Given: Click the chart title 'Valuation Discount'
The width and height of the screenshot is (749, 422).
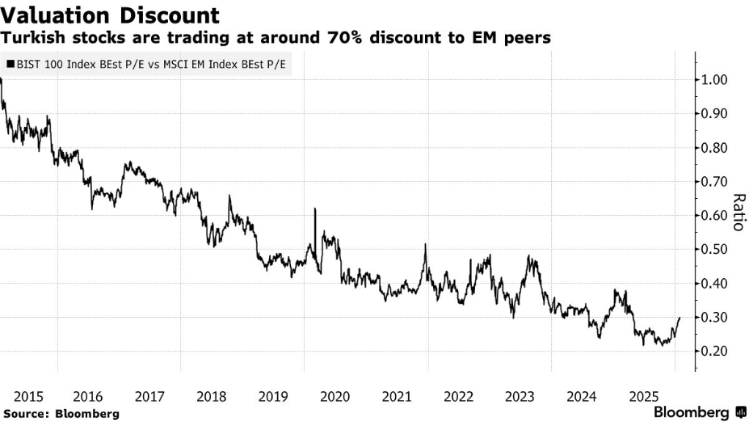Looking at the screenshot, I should [111, 15].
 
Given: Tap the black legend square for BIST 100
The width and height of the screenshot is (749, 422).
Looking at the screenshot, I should [10, 62].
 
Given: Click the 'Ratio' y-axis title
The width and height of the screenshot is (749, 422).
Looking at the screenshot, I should [738, 212].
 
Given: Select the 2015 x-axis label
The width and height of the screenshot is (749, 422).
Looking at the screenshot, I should [29, 396].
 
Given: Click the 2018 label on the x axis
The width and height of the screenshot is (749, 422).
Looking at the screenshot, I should [212, 396].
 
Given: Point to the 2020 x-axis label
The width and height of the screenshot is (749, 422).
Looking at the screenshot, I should [335, 396].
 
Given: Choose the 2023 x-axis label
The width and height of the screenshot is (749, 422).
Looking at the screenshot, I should [520, 396].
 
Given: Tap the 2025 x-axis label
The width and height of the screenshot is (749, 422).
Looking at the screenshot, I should [642, 396].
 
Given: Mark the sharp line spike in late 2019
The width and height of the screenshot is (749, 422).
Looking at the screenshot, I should [313, 209].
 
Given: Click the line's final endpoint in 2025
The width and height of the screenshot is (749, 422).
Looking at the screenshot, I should [679, 318].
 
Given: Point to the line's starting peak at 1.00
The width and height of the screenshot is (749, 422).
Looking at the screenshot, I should [2, 79].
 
